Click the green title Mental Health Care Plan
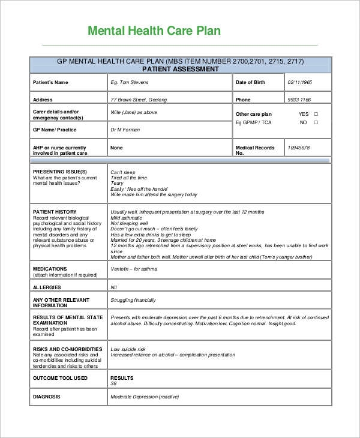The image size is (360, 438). coord(154,31)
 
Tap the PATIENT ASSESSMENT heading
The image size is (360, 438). coord(180,69)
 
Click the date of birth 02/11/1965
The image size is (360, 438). coord(300,82)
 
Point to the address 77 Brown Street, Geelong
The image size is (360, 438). coord(139,100)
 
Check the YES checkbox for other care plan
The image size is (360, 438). coord(316,114)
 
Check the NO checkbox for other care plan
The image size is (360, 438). coord(316,122)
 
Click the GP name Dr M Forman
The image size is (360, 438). coord(125,130)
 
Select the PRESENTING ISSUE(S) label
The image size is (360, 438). coord(56,172)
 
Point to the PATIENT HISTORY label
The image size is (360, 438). coord(55,211)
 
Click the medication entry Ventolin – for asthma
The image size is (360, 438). coord(134,269)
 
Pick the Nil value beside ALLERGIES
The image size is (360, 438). coord(113,287)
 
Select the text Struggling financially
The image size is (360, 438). coord(133,300)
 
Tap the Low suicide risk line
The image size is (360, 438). coord(128,349)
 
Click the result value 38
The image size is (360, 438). coord(113,383)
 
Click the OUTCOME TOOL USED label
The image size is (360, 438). coord(60,378)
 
